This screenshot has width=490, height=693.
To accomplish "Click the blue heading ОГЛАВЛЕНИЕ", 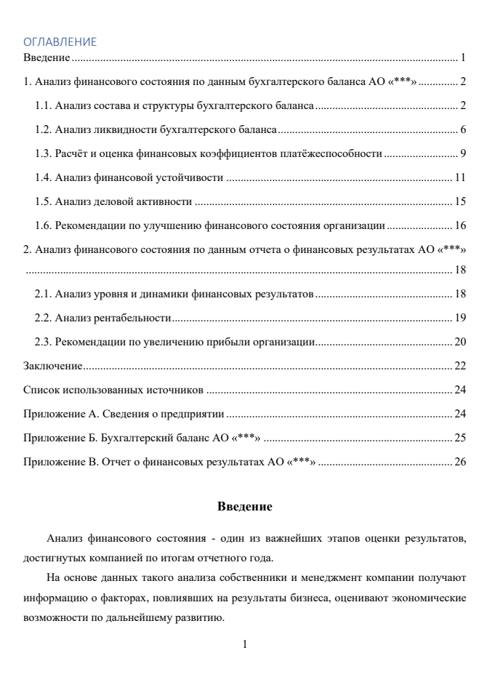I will (x=60, y=42).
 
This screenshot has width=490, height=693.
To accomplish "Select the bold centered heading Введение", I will (x=244, y=506).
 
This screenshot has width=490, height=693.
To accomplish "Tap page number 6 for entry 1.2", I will (x=462, y=130).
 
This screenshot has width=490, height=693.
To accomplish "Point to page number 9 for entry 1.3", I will (x=462, y=153).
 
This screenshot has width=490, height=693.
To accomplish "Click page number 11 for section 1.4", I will (x=459, y=177).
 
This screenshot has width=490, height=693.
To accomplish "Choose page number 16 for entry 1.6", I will (x=459, y=224).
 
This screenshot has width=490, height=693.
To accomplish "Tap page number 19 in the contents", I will (x=459, y=318).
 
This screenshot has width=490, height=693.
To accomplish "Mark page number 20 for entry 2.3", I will (x=459, y=341).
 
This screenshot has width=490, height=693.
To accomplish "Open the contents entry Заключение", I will (x=52, y=365).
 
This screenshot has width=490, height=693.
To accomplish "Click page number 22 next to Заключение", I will (x=459, y=365).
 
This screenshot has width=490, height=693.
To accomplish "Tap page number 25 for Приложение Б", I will (x=459, y=438).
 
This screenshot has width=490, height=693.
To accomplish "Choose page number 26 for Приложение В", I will (x=459, y=461).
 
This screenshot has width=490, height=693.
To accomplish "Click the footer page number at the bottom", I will (x=245, y=644).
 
